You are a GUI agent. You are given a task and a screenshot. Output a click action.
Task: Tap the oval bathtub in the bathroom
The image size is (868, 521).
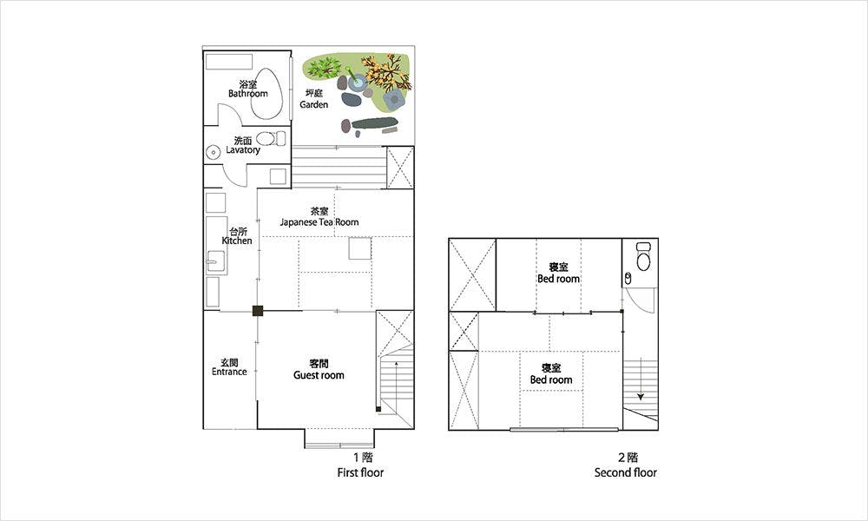(266, 94)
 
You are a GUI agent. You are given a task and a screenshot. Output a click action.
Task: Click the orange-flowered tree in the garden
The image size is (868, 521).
(387, 72)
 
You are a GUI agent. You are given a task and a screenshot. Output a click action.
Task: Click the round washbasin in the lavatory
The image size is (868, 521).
(214, 152)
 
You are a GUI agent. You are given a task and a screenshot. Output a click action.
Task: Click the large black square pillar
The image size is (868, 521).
(258, 311)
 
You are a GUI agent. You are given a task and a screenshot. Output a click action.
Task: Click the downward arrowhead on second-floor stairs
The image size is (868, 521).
(641, 397)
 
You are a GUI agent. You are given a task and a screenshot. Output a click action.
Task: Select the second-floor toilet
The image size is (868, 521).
(642, 256)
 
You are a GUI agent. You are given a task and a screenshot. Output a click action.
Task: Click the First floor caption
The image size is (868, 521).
(360, 472)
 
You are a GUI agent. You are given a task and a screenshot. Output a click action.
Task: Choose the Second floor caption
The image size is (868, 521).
(626, 472)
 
